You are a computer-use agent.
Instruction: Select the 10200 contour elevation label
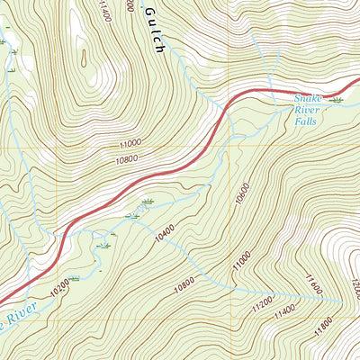[x=59, y=291]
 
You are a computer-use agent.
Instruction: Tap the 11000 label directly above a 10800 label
[x=130, y=142]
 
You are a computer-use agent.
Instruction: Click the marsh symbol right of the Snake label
[x=337, y=97]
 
